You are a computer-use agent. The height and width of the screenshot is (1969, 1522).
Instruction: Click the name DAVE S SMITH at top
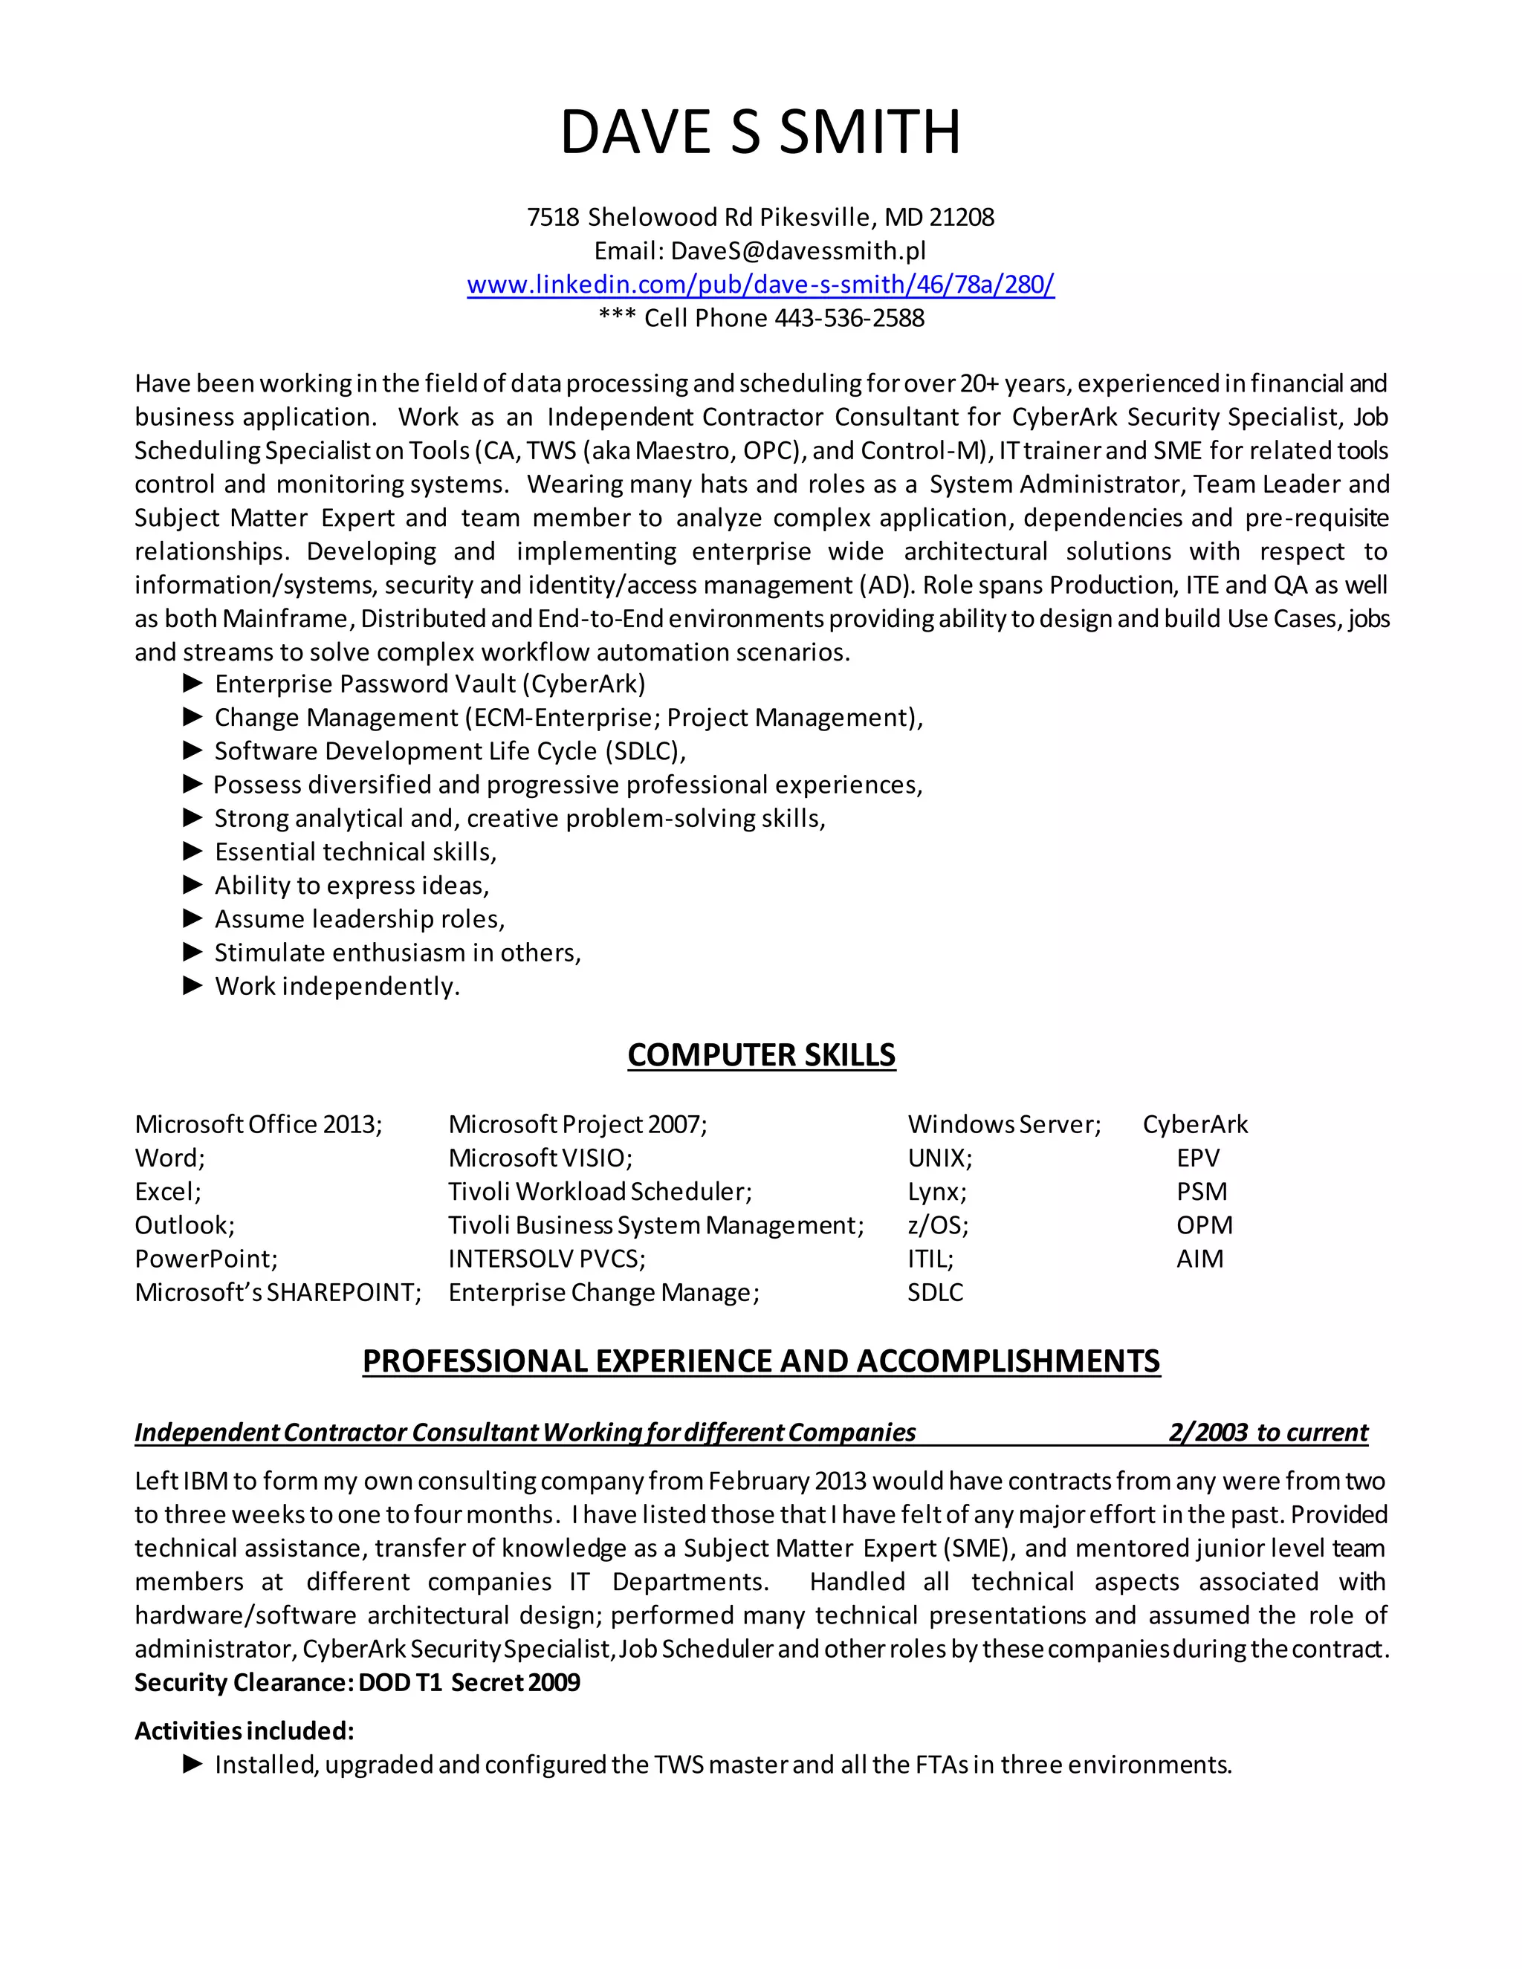click(x=760, y=132)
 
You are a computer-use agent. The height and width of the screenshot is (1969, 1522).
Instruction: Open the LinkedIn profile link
click(x=760, y=285)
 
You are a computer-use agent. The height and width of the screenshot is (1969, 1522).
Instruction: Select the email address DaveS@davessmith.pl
click(x=798, y=250)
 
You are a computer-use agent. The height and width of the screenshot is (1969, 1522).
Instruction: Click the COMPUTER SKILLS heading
click(x=761, y=1055)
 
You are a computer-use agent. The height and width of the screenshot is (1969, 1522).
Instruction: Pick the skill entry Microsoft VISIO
click(x=540, y=1158)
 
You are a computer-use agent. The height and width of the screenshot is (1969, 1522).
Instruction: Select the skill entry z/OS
click(x=938, y=1225)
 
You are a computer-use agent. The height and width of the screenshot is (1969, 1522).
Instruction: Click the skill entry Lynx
click(x=937, y=1192)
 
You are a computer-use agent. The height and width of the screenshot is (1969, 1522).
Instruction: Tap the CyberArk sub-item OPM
click(x=1204, y=1225)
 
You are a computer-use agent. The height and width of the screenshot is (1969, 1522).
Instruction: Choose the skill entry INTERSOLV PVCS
click(x=546, y=1259)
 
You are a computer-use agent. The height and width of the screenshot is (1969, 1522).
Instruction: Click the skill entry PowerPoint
click(x=206, y=1259)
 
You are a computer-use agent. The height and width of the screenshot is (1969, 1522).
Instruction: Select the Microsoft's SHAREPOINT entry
click(x=278, y=1293)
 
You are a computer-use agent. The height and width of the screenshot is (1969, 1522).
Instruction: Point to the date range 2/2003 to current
click(x=1268, y=1433)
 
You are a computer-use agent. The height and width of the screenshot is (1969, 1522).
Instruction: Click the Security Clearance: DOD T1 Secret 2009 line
click(x=357, y=1683)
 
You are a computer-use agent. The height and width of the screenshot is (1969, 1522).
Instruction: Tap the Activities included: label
click(x=245, y=1731)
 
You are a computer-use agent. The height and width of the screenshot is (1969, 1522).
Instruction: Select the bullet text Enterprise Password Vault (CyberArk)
click(x=430, y=684)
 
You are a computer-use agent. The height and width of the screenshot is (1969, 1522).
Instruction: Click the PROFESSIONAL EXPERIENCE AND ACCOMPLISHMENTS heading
click(x=761, y=1360)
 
